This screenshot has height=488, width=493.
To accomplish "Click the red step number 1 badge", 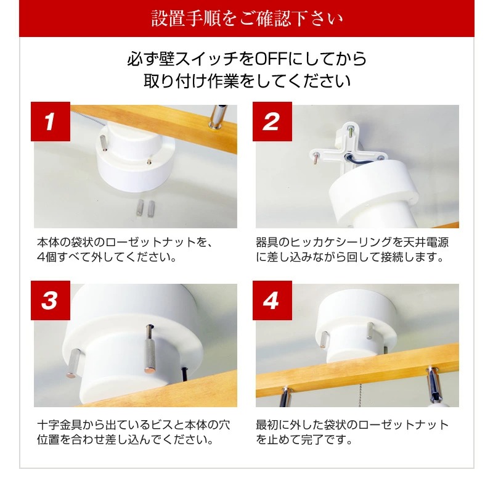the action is (51, 121).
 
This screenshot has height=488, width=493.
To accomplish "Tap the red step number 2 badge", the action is (272, 121).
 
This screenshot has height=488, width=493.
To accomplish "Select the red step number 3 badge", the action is (51, 300).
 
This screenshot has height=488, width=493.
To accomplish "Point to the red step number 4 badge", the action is (272, 300).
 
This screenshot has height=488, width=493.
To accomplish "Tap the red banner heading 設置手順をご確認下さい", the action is (247, 19).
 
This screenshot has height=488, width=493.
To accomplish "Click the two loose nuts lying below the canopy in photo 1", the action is (145, 208).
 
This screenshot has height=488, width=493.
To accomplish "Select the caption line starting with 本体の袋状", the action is (125, 242).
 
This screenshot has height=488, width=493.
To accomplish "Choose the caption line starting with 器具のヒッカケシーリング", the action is (352, 242).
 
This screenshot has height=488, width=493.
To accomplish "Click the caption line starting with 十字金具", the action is (134, 424).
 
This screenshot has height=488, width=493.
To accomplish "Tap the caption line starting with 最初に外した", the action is (352, 424).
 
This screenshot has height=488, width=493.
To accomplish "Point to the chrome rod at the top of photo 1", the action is (218, 117).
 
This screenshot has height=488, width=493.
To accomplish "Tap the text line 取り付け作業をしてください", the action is (247, 81).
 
